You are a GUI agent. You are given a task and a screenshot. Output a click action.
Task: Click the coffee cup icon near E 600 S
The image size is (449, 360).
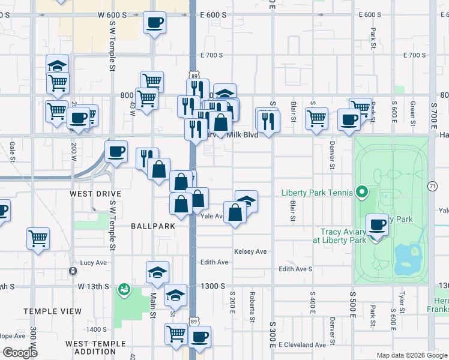coord(154,23)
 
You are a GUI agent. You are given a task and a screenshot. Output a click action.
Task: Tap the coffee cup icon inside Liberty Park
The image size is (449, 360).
coord(377,225)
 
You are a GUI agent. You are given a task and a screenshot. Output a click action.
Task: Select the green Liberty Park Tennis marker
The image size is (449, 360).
coord(361,193)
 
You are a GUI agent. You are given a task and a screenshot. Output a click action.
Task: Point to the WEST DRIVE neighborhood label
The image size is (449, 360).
coord(95,194)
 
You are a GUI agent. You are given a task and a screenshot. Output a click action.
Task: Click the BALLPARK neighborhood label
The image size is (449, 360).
coord(153,226)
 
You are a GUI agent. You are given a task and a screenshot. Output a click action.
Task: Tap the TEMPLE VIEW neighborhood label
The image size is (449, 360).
coord(53,311)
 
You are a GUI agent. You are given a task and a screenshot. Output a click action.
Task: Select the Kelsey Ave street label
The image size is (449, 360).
coord(250,252)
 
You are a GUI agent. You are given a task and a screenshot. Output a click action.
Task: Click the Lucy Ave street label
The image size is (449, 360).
coord(93,263)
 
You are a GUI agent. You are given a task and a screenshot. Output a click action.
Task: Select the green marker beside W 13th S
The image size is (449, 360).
coord(124,290)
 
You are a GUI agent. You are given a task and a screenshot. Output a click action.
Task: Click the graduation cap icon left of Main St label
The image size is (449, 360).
coord(157,273)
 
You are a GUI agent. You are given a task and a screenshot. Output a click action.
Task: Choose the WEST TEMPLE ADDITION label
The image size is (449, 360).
coord(96,348)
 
